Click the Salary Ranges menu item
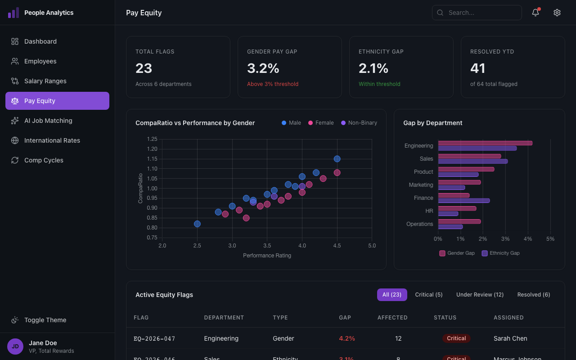45,81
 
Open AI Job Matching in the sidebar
48,121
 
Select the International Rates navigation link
52,140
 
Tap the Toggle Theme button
45,320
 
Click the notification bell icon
535,13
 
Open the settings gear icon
557,13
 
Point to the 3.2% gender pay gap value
263,68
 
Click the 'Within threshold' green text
379,84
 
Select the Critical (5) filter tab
428,295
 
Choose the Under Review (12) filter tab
480,295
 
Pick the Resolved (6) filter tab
533,295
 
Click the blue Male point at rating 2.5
197,224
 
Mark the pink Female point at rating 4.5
337,173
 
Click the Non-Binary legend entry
359,123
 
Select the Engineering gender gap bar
485,143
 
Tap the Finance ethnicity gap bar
463,201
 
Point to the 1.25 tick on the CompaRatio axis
152,139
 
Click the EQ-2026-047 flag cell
154,338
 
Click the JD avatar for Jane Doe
15,346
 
